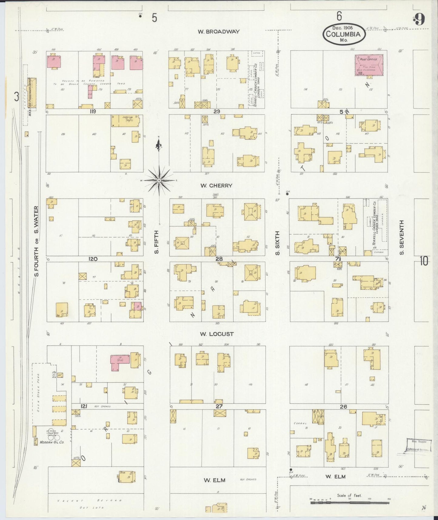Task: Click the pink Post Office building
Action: [369, 65]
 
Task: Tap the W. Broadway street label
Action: [219, 31]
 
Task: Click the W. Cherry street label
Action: [216, 185]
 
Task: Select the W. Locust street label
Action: [216, 334]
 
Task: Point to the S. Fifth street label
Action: [156, 242]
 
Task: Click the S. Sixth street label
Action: [278, 243]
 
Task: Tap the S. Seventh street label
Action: [402, 237]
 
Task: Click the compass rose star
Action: [159, 181]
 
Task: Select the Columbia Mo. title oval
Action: [343, 34]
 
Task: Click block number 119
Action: [92, 111]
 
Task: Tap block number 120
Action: [92, 259]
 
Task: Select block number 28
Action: [219, 259]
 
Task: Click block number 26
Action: [343, 407]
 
